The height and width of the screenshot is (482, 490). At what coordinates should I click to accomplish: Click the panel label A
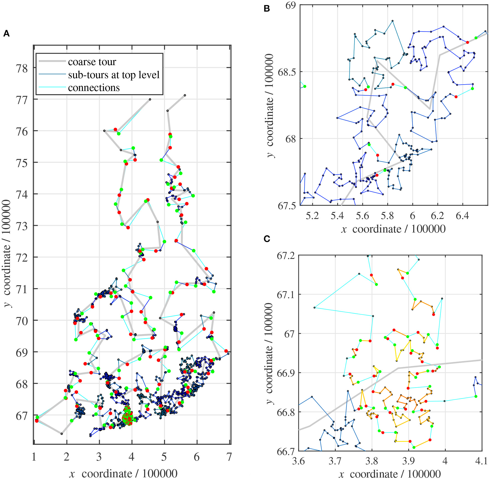pyautogui.click(x=6, y=34)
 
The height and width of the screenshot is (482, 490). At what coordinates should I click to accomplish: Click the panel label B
pyautogui.click(x=267, y=9)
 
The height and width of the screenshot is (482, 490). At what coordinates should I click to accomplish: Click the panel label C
pyautogui.click(x=267, y=239)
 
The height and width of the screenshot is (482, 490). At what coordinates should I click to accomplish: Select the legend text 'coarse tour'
pyautogui.click(x=92, y=62)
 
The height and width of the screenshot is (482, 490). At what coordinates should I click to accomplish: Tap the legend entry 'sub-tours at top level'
pyautogui.click(x=114, y=75)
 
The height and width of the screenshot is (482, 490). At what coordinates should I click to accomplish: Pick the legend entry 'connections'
pyautogui.click(x=94, y=88)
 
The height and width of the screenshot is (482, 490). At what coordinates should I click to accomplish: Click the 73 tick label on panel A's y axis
pyautogui.click(x=22, y=226)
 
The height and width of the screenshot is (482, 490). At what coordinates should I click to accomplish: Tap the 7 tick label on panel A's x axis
pyautogui.click(x=229, y=457)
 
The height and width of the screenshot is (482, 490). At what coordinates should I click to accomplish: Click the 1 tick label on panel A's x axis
pyautogui.click(x=34, y=457)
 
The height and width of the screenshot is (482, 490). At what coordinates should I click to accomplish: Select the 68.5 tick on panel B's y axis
pyautogui.click(x=286, y=72)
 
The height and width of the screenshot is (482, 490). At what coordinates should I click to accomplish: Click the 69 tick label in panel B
pyautogui.click(x=290, y=5)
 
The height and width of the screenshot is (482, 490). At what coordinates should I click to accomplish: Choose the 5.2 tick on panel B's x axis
pyautogui.click(x=312, y=215)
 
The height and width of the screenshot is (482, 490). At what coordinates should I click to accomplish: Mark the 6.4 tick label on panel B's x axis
pyautogui.click(x=462, y=215)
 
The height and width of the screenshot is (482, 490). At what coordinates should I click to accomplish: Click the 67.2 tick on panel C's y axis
pyautogui.click(x=286, y=256)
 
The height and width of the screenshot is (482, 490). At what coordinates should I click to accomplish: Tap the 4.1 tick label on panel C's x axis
pyautogui.click(x=481, y=461)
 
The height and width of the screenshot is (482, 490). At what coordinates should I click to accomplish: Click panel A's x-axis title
pyautogui.click(x=123, y=473)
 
